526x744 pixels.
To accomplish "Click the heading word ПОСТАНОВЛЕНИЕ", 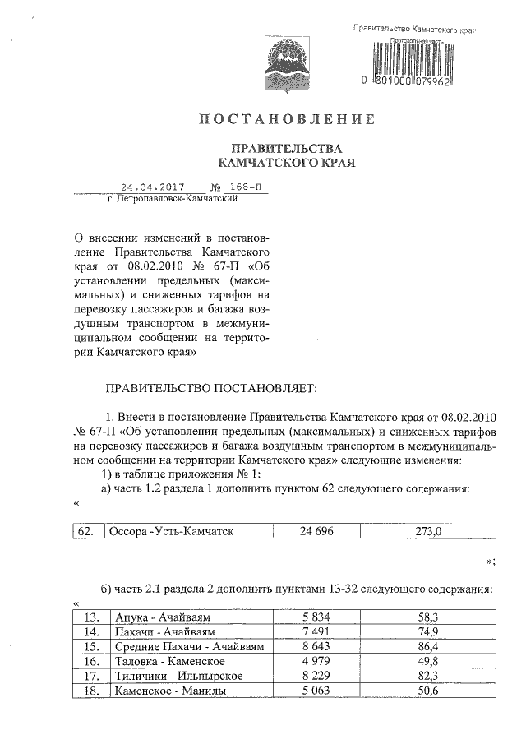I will tap(287, 120).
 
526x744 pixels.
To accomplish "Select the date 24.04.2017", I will tap(152, 187).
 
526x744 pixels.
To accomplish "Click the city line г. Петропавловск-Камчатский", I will tap(173, 199).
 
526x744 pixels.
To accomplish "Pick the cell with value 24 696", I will tap(316, 532).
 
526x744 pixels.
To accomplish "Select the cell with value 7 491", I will tap(316, 631).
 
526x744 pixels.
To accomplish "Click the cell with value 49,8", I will tap(428, 661).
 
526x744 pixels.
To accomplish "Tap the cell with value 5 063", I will tap(316, 691).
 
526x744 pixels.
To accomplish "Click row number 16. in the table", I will tap(92, 661).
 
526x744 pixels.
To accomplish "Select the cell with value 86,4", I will tap(428, 646).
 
